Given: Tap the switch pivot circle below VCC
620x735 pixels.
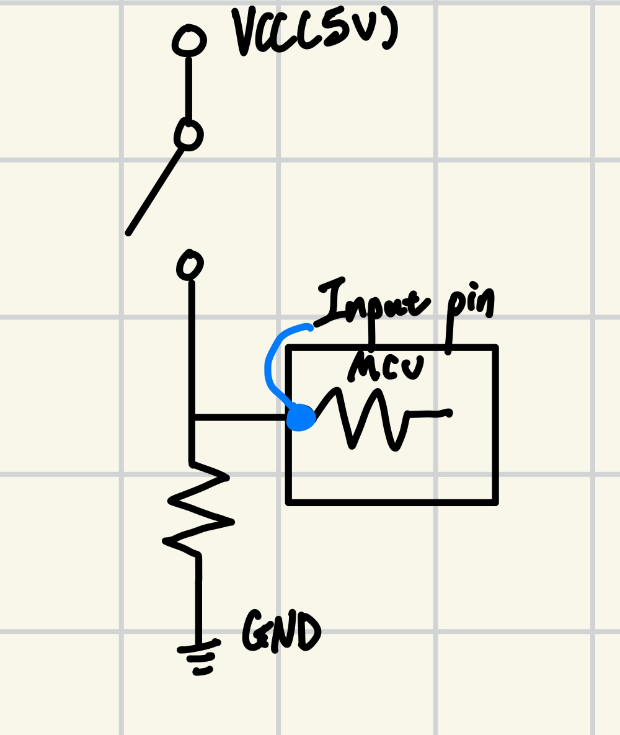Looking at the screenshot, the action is (x=189, y=135).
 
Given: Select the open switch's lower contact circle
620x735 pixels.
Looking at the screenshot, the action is (x=190, y=265).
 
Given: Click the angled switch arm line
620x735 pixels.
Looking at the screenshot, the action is (x=155, y=190).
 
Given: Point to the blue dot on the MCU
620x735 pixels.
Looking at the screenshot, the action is (x=301, y=417).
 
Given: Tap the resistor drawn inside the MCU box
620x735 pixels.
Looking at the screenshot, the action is (x=372, y=417).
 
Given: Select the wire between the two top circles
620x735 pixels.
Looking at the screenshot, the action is (x=188, y=90).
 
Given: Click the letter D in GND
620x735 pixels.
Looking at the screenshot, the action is (x=309, y=631).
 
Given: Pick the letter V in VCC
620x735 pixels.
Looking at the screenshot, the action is (x=244, y=31).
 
